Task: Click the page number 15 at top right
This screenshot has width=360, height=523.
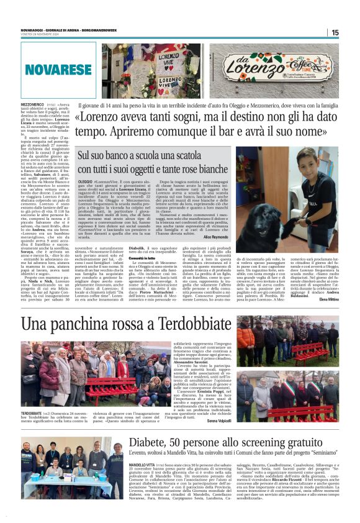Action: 335,32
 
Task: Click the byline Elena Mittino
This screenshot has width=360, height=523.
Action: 329,299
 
